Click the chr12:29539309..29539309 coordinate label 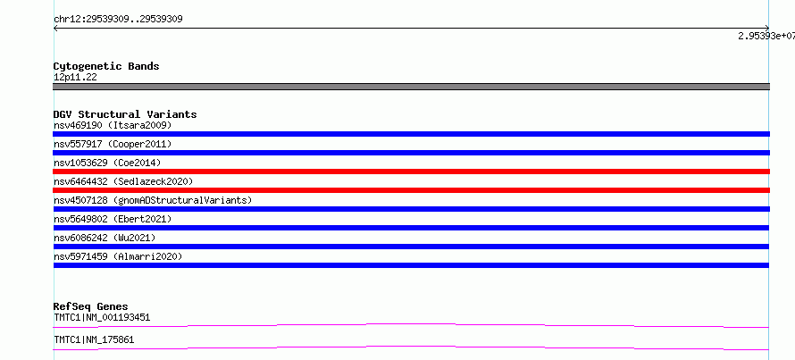[x=118, y=20]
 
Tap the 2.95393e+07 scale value [x=766, y=36]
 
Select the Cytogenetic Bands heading [x=106, y=66]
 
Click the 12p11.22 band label [x=75, y=78]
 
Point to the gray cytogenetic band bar [x=411, y=87]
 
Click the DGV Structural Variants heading [x=125, y=114]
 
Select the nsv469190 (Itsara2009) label [x=113, y=125]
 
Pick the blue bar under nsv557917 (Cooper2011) [x=411, y=153]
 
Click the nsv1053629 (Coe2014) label [x=107, y=163]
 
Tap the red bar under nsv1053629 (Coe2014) [x=411, y=172]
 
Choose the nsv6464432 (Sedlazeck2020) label [x=123, y=181]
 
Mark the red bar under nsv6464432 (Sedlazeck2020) [x=411, y=190]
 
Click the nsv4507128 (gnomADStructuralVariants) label [x=153, y=200]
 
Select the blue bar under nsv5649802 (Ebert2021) [x=411, y=228]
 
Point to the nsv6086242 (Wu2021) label [x=105, y=238]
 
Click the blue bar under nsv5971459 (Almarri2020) [x=411, y=265]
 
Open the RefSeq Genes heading [x=90, y=306]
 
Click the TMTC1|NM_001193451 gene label [x=102, y=318]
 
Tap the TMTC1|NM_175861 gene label [x=94, y=339]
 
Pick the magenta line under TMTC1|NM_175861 [x=411, y=347]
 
